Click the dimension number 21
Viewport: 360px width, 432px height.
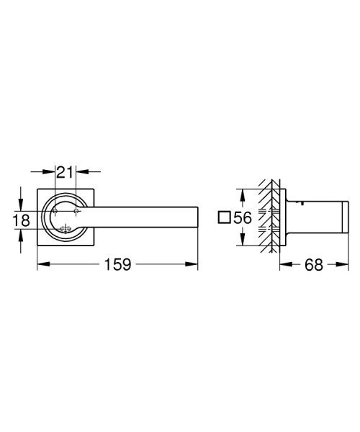coord(66,171)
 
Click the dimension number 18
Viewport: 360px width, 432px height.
coord(21,220)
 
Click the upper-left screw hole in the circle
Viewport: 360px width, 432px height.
coord(57,210)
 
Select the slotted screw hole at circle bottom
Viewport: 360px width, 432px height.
coord(66,230)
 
